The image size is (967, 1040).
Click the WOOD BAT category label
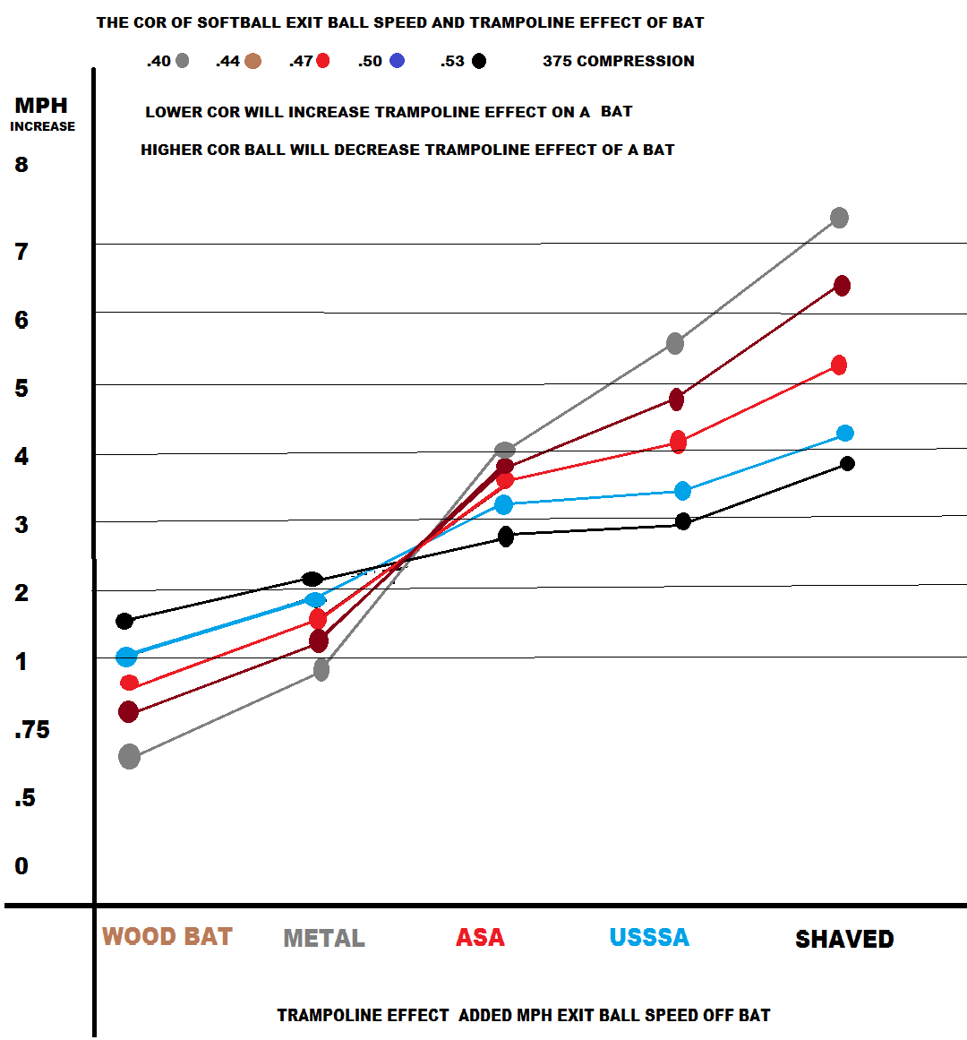167,937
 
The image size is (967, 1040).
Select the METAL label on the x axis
324,938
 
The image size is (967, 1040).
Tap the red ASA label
480,938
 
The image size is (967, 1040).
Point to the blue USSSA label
649,938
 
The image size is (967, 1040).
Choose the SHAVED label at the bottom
844,939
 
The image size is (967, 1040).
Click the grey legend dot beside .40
183,61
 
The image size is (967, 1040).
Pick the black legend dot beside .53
479,61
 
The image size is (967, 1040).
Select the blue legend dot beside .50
397,61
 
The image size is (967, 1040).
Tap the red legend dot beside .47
323,61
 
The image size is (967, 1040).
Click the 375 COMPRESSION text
618,61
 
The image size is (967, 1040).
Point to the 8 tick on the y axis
21,164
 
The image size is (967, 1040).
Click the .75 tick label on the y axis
32,730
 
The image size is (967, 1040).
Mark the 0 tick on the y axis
21,866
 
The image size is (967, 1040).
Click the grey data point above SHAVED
839,218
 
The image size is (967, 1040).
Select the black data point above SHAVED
847,463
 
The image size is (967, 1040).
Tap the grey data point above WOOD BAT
129,757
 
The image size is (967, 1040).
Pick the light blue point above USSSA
682,491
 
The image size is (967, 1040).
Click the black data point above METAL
312,579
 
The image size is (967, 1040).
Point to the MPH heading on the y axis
41,106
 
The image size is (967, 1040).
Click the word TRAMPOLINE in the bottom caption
363,1015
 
